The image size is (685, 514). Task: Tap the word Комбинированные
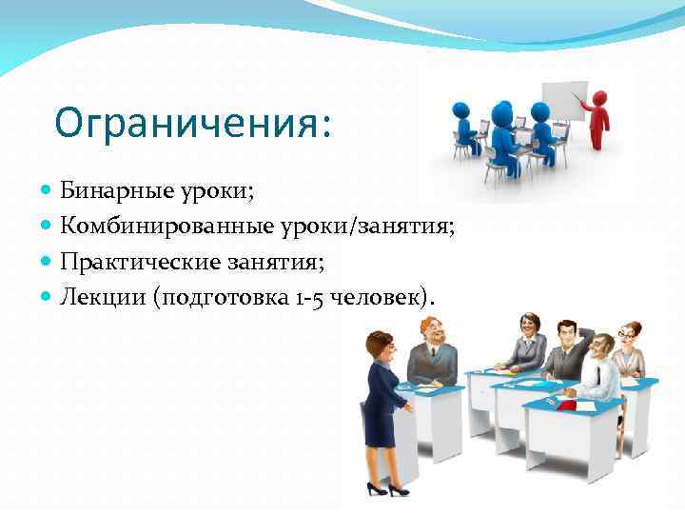(151, 226)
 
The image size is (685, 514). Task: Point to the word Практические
(124, 261)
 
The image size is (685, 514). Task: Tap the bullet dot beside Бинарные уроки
(49, 191)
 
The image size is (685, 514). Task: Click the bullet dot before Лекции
(49, 297)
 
